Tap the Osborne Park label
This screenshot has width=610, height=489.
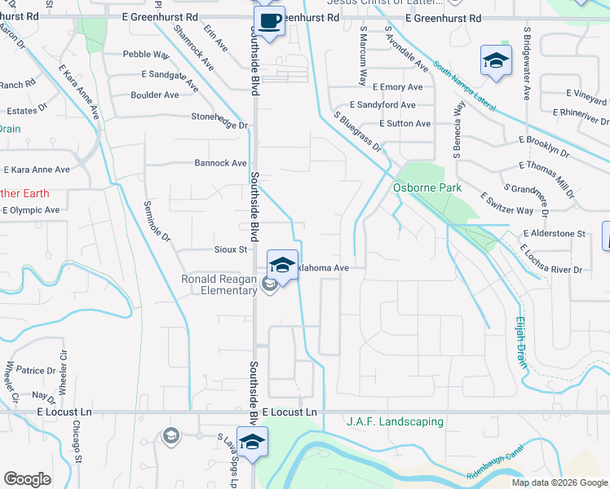point(427,187)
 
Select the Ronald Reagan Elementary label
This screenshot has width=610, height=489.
point(219,284)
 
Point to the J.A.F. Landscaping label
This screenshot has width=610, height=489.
point(395,421)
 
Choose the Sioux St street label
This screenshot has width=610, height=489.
point(230,249)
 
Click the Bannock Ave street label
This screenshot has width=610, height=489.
point(220,163)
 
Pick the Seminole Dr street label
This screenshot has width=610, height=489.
point(158,222)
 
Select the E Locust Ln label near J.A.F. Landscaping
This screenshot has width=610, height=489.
point(289,412)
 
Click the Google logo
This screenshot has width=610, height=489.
point(27,479)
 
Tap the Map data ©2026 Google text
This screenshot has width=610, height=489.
point(559,482)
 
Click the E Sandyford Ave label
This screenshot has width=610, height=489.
point(382,105)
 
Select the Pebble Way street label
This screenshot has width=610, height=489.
point(145,55)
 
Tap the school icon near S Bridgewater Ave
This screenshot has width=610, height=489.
point(495,61)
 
